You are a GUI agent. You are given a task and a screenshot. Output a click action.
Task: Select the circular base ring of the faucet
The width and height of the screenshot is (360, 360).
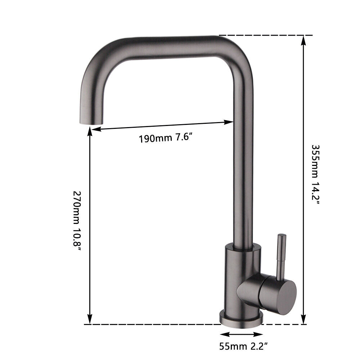coord(240,318)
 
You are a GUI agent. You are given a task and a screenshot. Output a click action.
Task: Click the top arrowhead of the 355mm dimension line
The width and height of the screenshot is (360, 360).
coord(304,40)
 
